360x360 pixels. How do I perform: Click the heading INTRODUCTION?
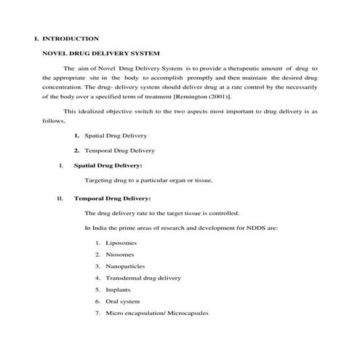(x=71, y=38)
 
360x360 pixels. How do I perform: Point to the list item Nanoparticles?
(x=125, y=265)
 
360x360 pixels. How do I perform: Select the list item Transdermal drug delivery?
(x=143, y=278)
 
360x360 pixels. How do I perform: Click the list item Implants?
(x=118, y=289)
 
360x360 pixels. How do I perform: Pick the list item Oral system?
(x=122, y=301)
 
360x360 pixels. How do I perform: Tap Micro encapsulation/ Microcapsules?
(x=156, y=313)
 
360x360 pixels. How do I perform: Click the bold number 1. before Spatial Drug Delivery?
(x=76, y=136)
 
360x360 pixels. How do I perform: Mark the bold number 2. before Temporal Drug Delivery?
(x=76, y=151)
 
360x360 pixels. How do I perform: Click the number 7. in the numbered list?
(x=97, y=313)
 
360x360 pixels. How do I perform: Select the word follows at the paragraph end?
(x=54, y=123)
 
